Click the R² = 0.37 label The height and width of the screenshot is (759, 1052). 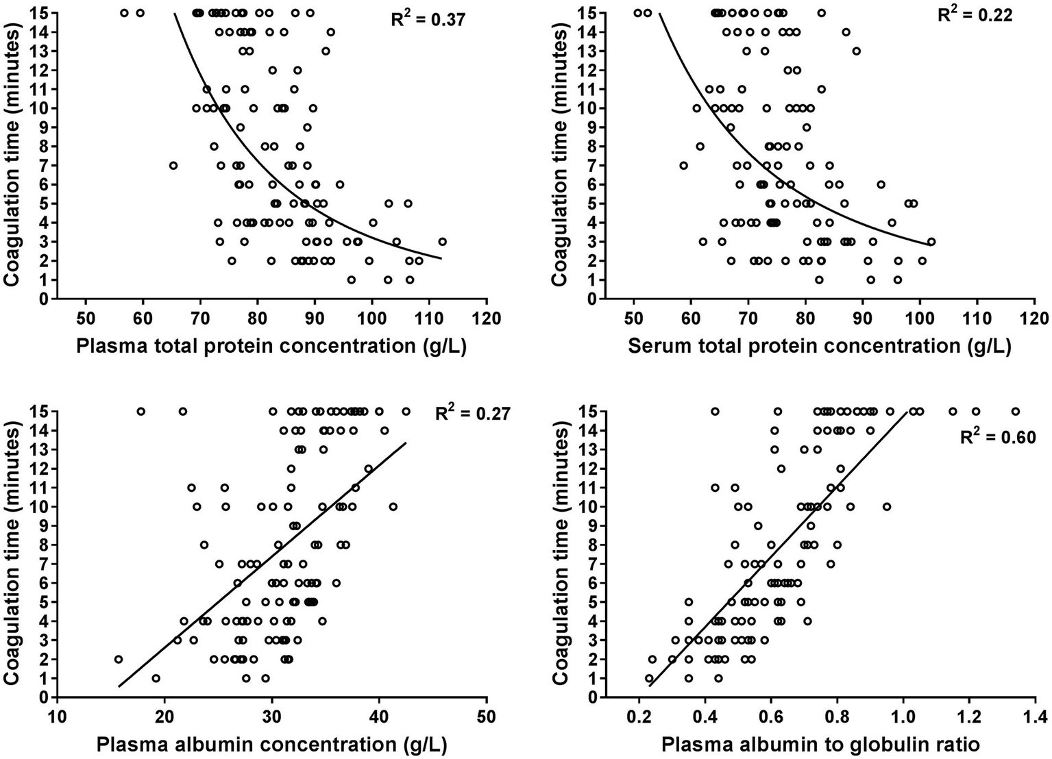coord(428,18)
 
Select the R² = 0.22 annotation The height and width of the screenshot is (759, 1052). coord(975,14)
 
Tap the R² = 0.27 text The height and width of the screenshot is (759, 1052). coord(473,413)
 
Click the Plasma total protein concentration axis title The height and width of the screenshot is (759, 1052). coord(271,346)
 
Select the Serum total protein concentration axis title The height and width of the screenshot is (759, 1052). coord(819,346)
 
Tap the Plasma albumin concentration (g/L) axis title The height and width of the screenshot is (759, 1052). coord(271,745)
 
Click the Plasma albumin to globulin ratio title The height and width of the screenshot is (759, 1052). coord(820,745)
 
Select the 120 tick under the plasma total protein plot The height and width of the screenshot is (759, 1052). coord(487,319)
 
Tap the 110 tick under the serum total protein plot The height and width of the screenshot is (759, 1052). coord(977,319)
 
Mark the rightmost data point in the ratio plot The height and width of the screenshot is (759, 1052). coord(1016,411)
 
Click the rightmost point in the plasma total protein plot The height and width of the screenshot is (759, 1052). coord(442,241)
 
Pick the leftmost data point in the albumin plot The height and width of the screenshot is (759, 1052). coord(118,659)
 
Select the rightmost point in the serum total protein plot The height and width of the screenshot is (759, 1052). coord(931,241)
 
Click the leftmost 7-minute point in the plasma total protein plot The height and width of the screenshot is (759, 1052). coord(173,165)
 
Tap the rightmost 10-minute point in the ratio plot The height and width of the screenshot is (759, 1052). coord(887,506)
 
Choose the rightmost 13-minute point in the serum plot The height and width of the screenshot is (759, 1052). coord(856,51)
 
